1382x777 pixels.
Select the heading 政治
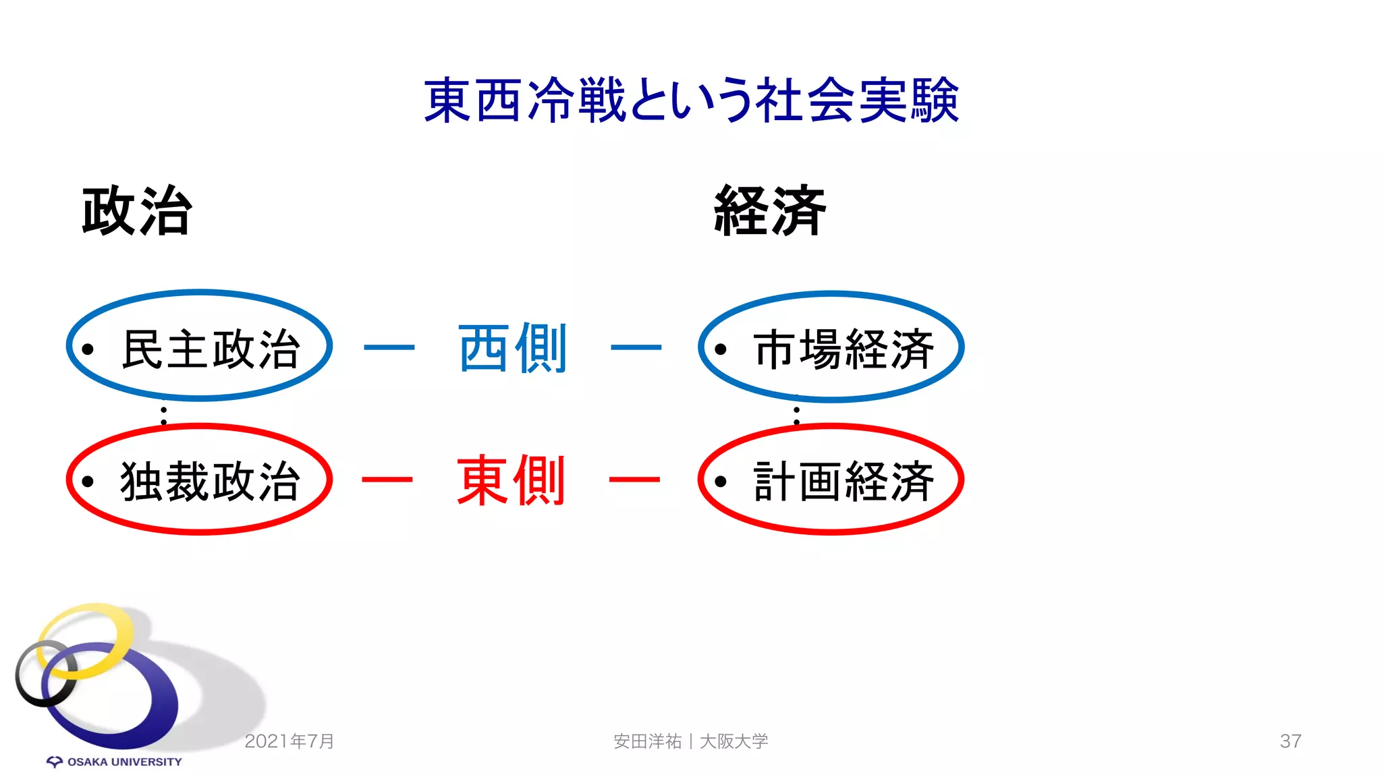(137, 211)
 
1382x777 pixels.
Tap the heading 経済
(770, 211)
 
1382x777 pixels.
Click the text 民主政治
(211, 349)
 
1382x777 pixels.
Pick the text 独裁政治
(211, 482)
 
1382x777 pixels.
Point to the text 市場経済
(844, 349)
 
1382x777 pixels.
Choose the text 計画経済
(844, 482)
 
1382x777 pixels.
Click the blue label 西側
(513, 349)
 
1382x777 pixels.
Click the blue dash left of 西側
(389, 348)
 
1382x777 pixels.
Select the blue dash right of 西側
(636, 348)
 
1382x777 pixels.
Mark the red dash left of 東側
(387, 480)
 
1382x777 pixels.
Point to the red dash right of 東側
(634, 480)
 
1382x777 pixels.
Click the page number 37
(1290, 741)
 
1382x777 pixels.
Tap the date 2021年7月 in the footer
(289, 741)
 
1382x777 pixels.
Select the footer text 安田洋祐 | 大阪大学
(691, 741)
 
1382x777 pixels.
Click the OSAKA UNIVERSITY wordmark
(124, 762)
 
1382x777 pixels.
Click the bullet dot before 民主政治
(88, 349)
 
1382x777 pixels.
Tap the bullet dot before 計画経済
(721, 482)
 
